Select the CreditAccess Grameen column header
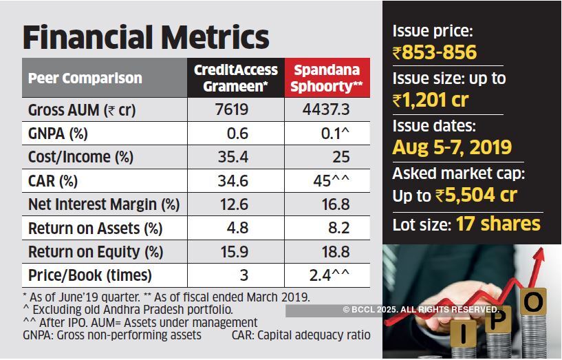(235, 78)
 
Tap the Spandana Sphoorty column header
(327, 78)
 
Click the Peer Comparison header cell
(85, 78)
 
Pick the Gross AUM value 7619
(231, 109)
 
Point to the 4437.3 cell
(326, 109)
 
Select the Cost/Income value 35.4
(235, 157)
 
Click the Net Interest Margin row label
(104, 204)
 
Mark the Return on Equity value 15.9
(235, 252)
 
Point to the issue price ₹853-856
(435, 52)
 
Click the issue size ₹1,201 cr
(431, 100)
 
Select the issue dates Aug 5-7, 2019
(452, 147)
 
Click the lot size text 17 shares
(498, 224)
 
